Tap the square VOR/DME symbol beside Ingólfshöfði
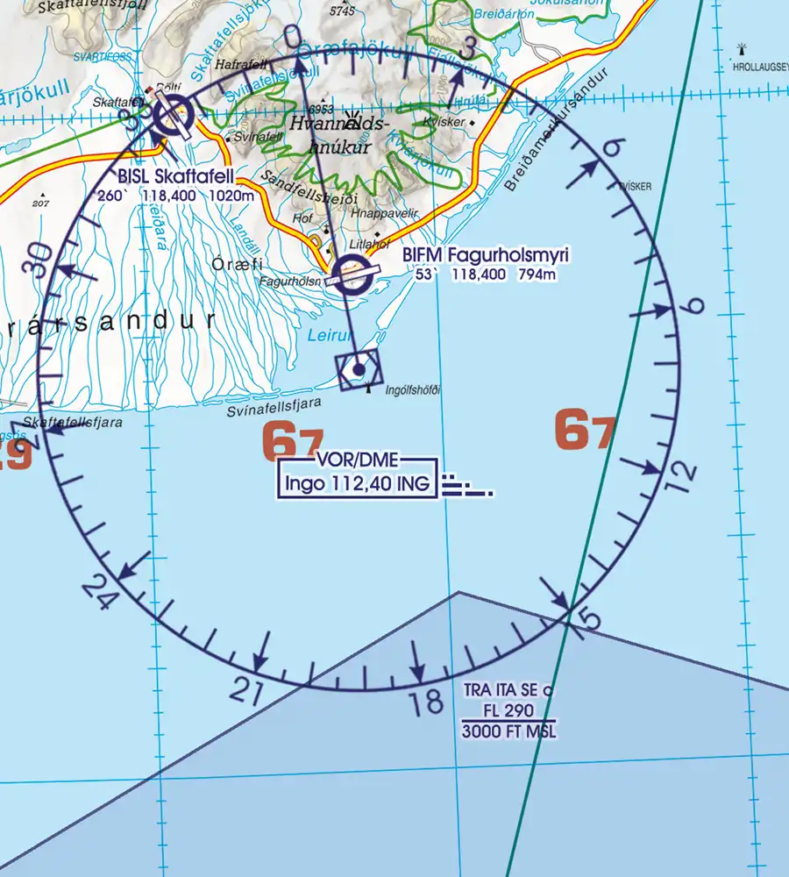(359, 370)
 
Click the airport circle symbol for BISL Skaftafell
(173, 116)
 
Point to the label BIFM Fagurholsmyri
(486, 255)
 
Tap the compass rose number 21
(247, 692)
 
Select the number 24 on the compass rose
(99, 594)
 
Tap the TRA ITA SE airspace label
(508, 690)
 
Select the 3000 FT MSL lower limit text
(509, 731)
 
